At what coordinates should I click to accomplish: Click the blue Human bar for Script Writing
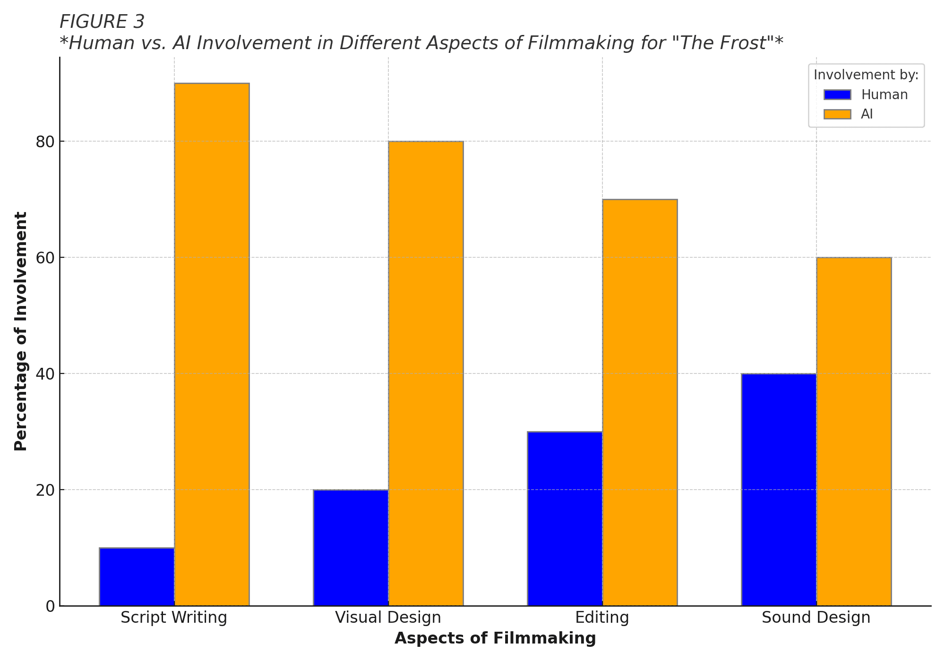pos(137,576)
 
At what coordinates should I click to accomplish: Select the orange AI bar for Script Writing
pos(212,344)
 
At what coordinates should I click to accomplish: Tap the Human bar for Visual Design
pos(351,548)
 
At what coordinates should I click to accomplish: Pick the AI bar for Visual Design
pos(426,373)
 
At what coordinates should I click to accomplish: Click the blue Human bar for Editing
pos(565,518)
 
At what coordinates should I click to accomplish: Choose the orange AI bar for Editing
pos(640,402)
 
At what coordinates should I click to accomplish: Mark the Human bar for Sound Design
pos(779,490)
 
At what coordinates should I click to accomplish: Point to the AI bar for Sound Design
pos(854,432)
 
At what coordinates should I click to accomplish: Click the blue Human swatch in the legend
pos(837,95)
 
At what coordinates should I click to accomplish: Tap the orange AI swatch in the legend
pos(837,114)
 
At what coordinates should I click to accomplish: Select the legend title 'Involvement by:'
pos(866,75)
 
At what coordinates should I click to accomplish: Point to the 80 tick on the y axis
pos(45,142)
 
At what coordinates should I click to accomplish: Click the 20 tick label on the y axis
pos(45,490)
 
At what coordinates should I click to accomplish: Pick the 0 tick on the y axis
pos(50,606)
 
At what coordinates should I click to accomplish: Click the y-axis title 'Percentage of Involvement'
pos(21,331)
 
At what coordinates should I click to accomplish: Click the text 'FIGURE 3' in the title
pos(102,22)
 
